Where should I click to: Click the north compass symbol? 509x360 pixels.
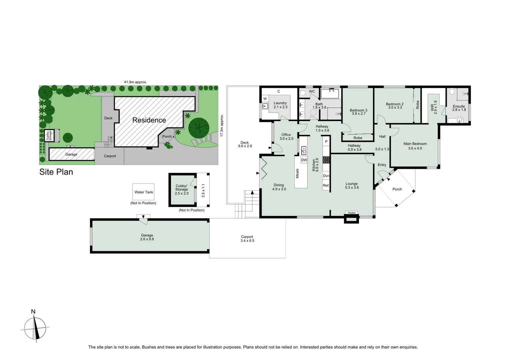(35, 328)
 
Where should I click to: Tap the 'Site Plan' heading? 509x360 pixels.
(56, 172)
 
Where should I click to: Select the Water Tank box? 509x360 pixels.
(144, 192)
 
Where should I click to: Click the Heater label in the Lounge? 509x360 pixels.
(351, 213)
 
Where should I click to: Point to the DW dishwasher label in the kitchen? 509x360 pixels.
(304, 160)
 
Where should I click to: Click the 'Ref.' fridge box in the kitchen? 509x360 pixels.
(326, 185)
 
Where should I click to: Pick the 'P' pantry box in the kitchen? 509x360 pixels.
(326, 142)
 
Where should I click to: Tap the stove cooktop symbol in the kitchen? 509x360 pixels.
(326, 160)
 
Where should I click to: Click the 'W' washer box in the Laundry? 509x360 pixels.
(265, 99)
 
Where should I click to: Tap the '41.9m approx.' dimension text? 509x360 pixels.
(135, 82)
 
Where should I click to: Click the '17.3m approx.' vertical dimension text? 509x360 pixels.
(222, 125)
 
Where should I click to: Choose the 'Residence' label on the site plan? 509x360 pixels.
(149, 120)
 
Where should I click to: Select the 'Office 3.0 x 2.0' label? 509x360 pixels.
(286, 137)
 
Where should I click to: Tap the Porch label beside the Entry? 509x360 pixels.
(397, 189)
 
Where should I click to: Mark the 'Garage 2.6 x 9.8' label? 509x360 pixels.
(147, 237)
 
